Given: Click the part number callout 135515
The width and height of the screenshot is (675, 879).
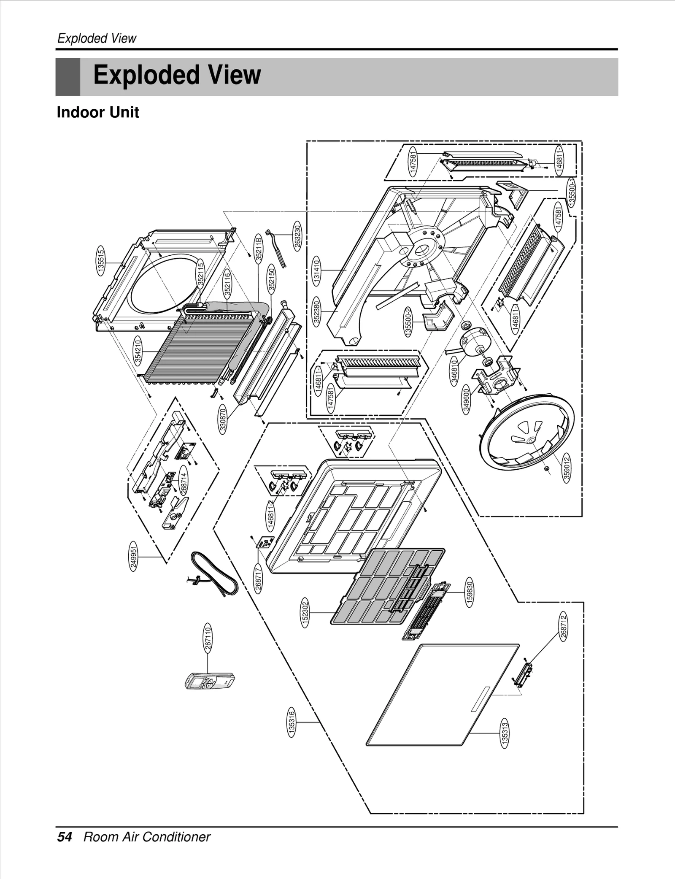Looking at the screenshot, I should coord(101,262).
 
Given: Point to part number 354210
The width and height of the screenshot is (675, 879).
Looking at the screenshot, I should coord(138,351).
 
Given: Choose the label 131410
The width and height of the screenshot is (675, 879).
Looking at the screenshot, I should coord(316,270).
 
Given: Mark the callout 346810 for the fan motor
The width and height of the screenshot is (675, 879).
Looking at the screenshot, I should coord(454,371).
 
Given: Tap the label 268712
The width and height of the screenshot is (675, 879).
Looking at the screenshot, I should coord(564,626).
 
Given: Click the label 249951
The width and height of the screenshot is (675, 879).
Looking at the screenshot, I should coord(134,558).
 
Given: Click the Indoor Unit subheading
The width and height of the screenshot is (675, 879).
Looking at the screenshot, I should coord(98,113).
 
